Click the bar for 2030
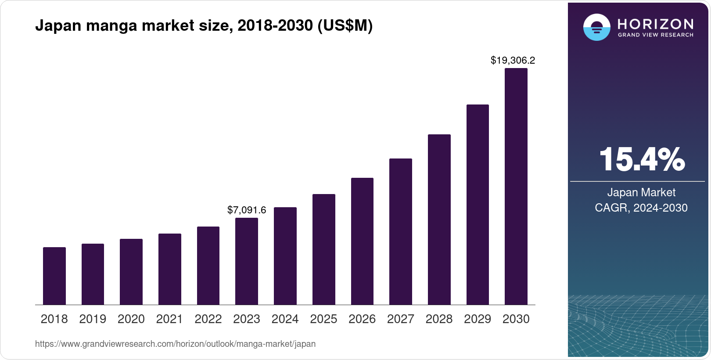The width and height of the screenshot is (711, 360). tap(516, 187)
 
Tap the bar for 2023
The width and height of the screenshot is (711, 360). tap(247, 261)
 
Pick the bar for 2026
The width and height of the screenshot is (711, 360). tap(362, 241)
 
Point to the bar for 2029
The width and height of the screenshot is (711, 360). tap(478, 205)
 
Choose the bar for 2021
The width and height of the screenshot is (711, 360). tap(170, 269)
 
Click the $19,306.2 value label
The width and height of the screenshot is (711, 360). tap(513, 60)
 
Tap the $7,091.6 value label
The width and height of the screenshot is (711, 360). tap(247, 210)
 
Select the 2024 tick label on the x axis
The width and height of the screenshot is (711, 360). tap(285, 319)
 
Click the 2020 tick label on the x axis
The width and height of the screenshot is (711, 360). tap(131, 319)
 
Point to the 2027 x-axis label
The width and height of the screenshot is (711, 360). tap(400, 319)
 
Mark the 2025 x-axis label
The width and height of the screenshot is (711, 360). tap(323, 319)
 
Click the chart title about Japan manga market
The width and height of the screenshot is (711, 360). tap(204, 26)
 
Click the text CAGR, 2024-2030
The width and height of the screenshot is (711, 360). tap(641, 208)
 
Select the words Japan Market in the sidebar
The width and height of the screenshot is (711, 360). tap(641, 192)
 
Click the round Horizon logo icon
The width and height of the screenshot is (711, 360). tap(596, 27)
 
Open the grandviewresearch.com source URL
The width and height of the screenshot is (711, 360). tap(175, 344)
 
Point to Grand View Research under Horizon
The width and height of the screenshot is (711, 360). tap(655, 35)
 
